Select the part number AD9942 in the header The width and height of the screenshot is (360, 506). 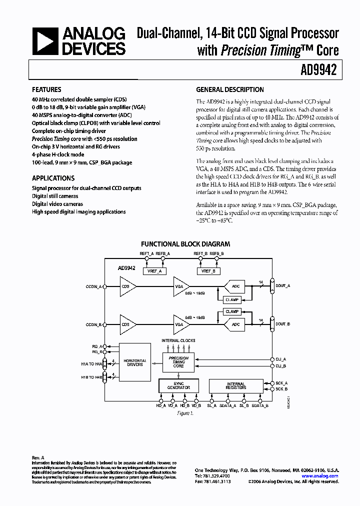[x=320, y=70]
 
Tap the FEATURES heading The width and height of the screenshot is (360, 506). [x=46, y=90]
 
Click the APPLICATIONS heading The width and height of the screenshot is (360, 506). [x=53, y=178]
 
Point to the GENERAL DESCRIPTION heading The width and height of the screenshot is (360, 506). [x=230, y=90]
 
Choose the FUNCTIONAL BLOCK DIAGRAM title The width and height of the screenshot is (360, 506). [x=185, y=244]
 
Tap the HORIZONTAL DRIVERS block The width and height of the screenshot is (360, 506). [x=134, y=362]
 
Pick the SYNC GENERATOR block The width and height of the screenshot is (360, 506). [x=178, y=385]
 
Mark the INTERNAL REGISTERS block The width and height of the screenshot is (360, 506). [x=235, y=385]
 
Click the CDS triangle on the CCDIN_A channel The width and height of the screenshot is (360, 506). [x=126, y=286]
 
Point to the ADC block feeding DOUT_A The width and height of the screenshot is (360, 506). [x=235, y=286]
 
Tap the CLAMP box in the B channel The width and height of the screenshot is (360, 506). [x=231, y=311]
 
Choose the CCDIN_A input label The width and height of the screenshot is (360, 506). [x=93, y=286]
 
